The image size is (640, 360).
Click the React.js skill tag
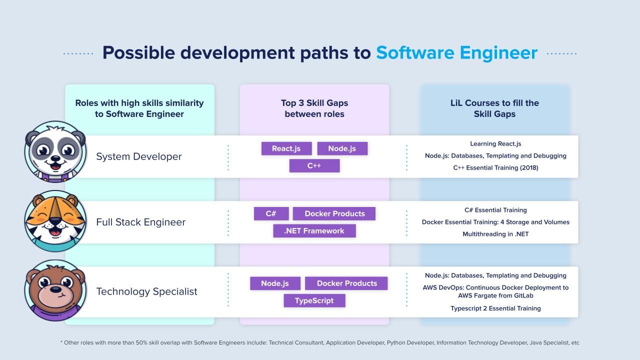(286, 148)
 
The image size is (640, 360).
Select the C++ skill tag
(314, 165)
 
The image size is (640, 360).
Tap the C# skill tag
(271, 213)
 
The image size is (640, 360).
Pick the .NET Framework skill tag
(314, 230)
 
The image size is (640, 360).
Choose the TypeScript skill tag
(314, 300)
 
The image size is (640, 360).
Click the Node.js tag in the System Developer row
(342, 148)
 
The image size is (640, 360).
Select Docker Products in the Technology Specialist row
(346, 283)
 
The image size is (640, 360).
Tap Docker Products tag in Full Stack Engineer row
(334, 213)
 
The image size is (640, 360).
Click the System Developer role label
(138, 156)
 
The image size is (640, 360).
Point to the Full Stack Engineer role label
(140, 222)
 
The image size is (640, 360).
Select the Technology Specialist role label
(146, 291)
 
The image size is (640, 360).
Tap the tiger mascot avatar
(55, 221)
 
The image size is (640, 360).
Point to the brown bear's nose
(55, 289)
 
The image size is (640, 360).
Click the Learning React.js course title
(495, 144)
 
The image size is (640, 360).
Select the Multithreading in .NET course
(495, 234)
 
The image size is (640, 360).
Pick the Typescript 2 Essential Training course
(495, 308)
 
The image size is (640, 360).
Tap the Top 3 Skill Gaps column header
(314, 108)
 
